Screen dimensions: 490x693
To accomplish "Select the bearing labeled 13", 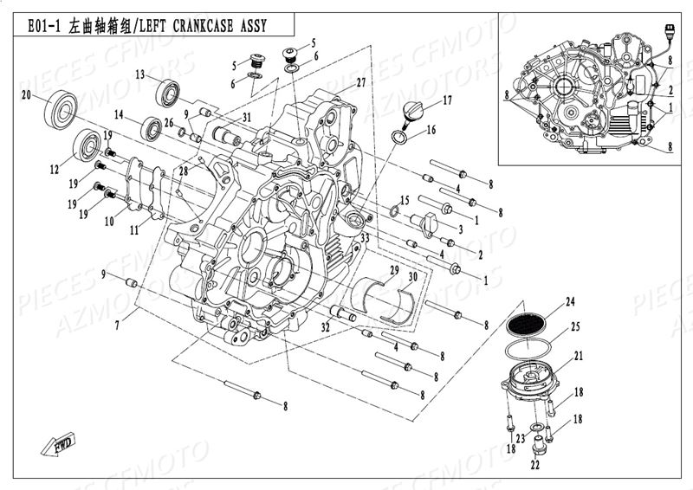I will (x=168, y=91).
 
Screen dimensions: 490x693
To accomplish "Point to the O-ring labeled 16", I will (x=402, y=137).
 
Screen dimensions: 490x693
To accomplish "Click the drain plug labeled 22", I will (x=539, y=448).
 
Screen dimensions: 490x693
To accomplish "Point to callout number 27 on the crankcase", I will (x=360, y=82).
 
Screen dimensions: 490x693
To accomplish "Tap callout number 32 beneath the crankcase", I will (x=324, y=326).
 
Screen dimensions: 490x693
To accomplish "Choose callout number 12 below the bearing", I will (x=54, y=170).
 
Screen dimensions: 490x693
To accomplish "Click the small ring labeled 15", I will (x=395, y=210).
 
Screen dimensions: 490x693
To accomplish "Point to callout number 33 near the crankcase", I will (x=365, y=237).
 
